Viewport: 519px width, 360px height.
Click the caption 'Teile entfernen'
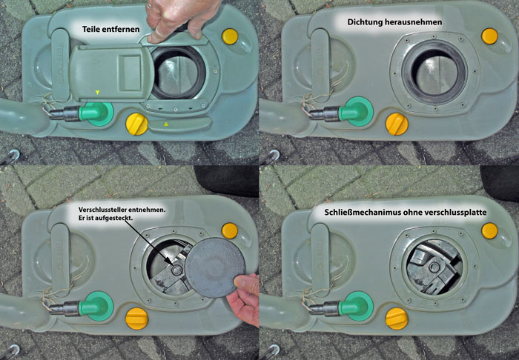pos(111,29)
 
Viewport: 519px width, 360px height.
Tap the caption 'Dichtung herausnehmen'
pos(394,22)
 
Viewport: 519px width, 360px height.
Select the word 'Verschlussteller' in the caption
pos(100,210)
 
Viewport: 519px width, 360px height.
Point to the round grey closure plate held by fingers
pos(215,267)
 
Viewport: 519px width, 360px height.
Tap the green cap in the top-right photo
pos(356,111)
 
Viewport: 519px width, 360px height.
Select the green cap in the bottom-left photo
pos(96,306)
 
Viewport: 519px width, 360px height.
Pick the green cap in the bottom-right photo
pos(356,306)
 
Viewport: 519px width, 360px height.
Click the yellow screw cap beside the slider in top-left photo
pos(136,124)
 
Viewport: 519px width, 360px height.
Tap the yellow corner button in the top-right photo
pos(489,36)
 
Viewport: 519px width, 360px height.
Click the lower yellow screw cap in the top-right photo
pos(397,124)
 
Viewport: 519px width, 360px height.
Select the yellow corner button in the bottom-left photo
pos(229,231)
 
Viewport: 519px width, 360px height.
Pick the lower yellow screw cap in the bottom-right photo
pos(397,319)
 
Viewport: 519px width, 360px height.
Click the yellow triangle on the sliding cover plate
pos(97,93)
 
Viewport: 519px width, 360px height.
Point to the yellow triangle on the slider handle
pos(166,124)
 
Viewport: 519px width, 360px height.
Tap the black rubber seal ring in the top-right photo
pos(434,72)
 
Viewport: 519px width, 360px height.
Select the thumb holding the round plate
pos(246,283)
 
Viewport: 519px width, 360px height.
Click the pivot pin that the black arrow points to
pos(176,270)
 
